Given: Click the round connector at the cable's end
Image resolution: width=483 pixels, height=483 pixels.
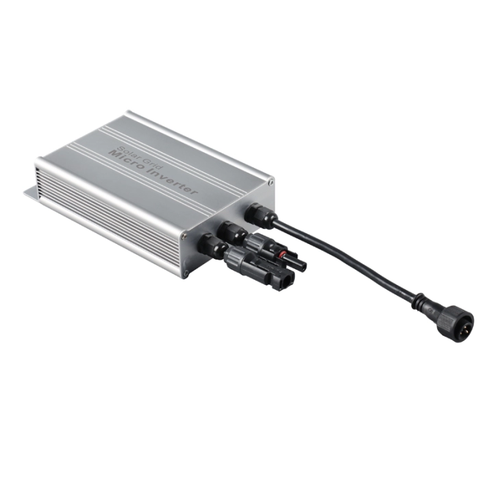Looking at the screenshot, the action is pyautogui.click(x=455, y=324).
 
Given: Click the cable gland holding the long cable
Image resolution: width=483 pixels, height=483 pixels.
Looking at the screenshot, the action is pyautogui.click(x=260, y=215).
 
